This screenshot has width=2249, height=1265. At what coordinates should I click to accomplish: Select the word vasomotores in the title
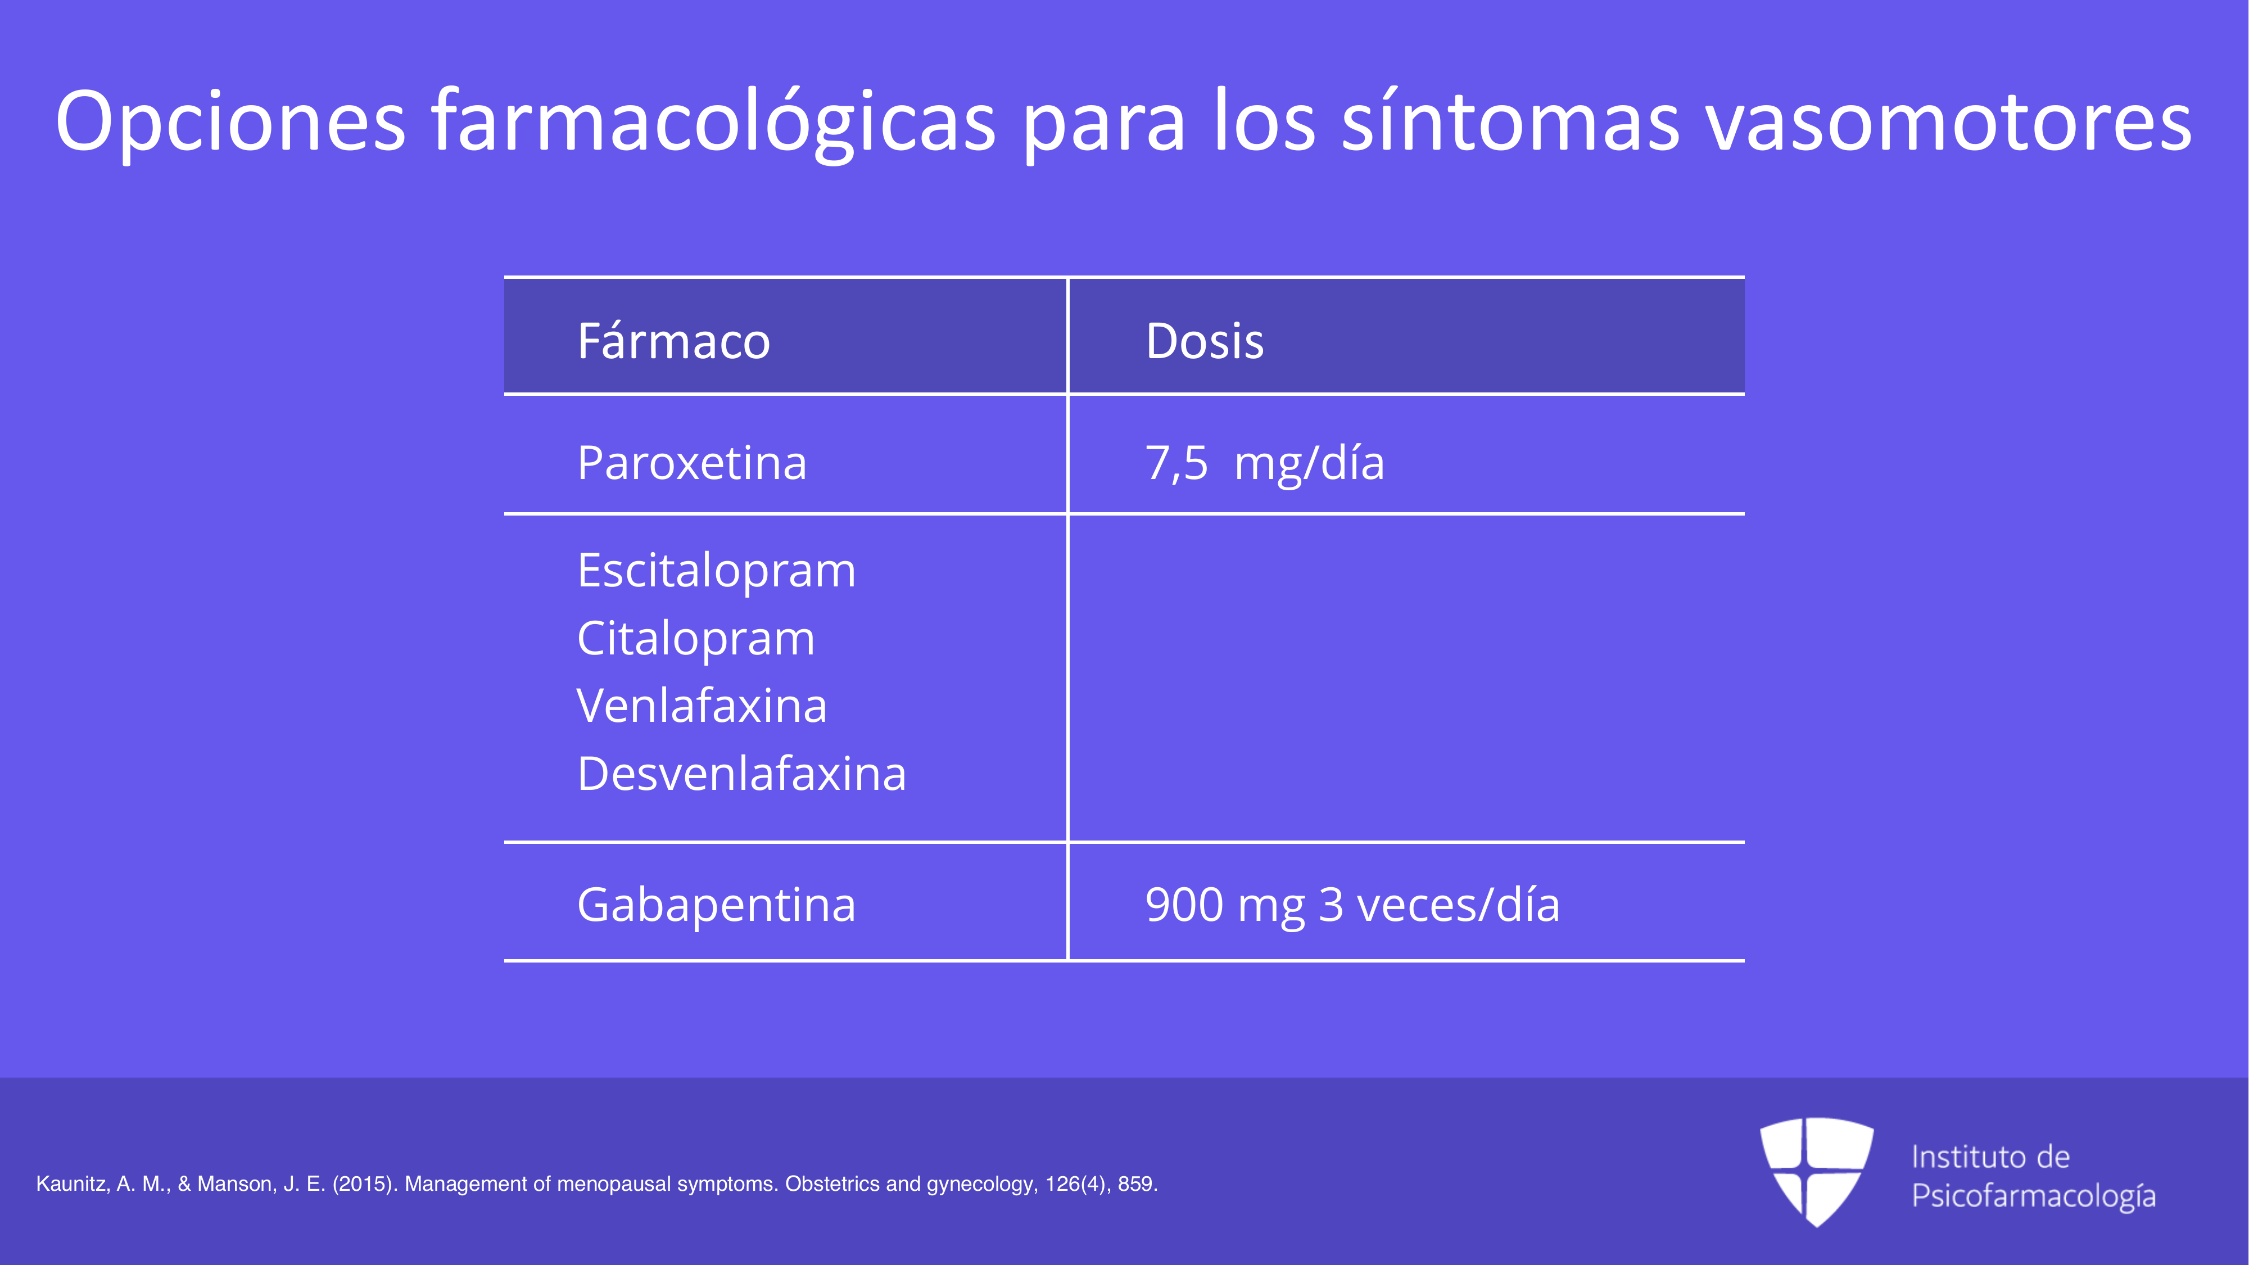point(1949,121)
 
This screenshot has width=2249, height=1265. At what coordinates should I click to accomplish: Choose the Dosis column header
point(1204,341)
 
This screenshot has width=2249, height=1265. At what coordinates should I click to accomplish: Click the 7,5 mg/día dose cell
point(1264,463)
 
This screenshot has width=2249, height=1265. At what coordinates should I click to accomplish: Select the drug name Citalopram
point(696,638)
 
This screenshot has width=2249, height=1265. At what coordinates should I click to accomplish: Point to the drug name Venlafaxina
point(701,706)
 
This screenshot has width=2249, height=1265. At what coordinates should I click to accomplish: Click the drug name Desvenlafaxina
point(741,774)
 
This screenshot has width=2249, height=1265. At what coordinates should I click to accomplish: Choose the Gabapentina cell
point(716,905)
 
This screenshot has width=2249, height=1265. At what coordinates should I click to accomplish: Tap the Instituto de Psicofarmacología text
point(2033,1176)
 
